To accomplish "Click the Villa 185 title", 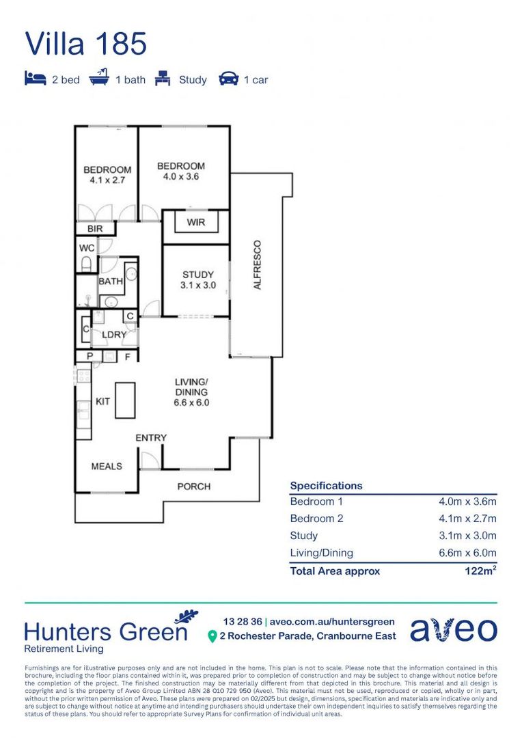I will coord(86,44).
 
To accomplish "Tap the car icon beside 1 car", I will coord(228,79).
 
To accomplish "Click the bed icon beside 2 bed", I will coord(35,79).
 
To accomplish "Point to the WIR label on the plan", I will coord(195,223).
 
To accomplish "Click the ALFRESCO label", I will coord(258,264).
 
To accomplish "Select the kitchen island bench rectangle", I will coord(124,400).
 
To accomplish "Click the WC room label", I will coord(87,247).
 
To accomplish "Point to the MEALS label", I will coord(107,466).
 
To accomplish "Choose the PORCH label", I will coord(194,487).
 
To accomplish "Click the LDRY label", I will coord(114,335).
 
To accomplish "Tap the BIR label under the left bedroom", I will coord(95,229).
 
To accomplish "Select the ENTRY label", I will coord(151,437).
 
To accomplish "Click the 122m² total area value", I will coord(480,571).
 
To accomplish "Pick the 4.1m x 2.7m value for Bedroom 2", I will coord(467,519).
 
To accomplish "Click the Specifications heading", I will coord(326,486).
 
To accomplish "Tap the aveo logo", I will coord(454,629).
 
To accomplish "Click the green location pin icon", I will coord(212,636).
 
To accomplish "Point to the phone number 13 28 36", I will coord(241,621).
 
